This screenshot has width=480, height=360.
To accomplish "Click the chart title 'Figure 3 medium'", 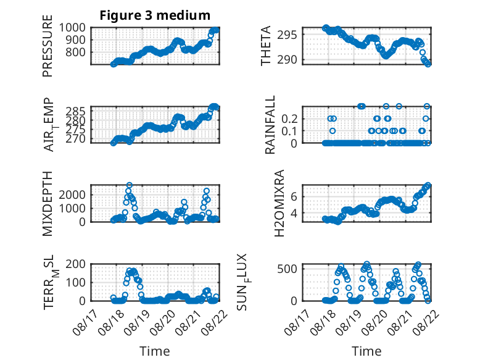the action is point(155,15).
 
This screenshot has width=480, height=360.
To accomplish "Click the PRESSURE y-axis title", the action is point(48,46).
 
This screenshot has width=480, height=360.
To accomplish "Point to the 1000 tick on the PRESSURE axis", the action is point(72,28).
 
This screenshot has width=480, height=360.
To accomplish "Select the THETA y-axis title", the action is point(266,46).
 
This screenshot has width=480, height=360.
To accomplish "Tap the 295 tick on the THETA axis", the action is point(287,35).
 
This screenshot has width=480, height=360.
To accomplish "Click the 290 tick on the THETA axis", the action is point(287,60).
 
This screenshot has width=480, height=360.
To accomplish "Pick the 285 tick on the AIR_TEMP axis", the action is point(76,111).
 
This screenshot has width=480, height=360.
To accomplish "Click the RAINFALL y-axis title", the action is point(270,125).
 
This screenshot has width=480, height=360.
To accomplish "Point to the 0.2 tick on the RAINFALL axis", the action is point(289,119).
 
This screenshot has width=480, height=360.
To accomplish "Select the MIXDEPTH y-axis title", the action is point(48,203).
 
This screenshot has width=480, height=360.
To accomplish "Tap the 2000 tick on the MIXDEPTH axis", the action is point(72,195).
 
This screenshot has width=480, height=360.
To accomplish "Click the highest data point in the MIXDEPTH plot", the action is point(130,185).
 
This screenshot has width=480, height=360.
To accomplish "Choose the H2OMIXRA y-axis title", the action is point(280,203).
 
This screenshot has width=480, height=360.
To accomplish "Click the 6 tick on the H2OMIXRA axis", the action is point(294,196).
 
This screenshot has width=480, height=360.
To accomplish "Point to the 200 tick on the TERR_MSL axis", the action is point(76,264).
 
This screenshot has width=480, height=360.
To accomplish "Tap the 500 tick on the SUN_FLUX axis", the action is point(287,269).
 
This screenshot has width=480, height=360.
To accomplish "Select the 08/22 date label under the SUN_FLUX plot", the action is point(425,322).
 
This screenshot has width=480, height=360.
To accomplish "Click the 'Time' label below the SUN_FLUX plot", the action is point(366,351).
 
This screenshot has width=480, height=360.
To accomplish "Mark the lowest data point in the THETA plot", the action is point(428,64).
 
